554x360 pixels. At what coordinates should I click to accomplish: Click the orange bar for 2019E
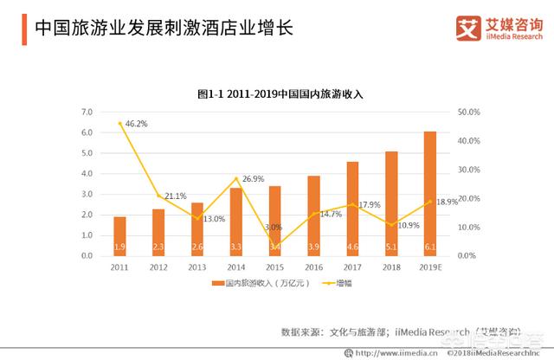click(430, 194)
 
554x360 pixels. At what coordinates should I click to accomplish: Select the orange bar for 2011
click(119, 235)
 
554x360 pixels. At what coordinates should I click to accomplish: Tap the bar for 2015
click(274, 220)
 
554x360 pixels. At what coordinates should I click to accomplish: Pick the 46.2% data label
click(136, 124)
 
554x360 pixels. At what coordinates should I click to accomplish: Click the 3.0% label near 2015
click(274, 227)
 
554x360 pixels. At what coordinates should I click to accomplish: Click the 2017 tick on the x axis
click(352, 268)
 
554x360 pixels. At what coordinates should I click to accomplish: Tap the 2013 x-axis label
click(196, 268)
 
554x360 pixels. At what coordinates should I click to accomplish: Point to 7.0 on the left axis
click(87, 112)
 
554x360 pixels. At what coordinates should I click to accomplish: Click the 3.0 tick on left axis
click(87, 195)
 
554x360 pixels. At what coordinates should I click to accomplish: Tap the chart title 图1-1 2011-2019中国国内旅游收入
click(276, 92)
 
